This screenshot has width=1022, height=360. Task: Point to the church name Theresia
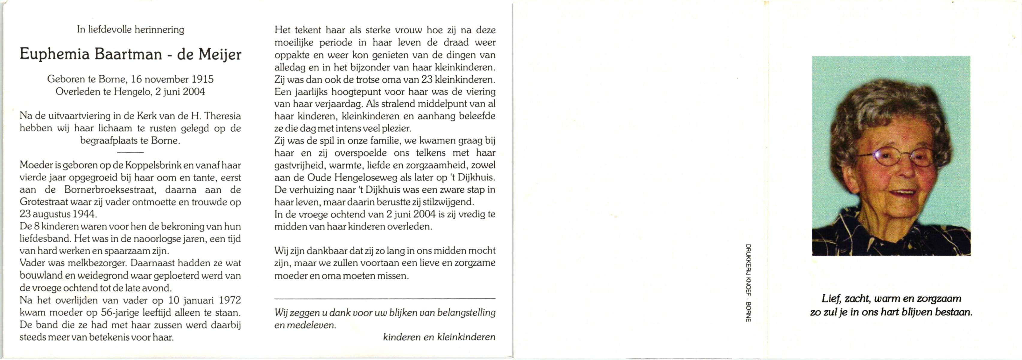[222, 116]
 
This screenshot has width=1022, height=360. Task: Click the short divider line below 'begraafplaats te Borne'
[130, 152]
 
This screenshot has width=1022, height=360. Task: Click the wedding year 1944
[84, 214]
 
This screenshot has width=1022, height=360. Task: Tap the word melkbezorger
[97, 263]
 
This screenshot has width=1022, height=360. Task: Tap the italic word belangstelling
[466, 312]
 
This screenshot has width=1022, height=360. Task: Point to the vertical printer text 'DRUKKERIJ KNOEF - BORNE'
[748, 283]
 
